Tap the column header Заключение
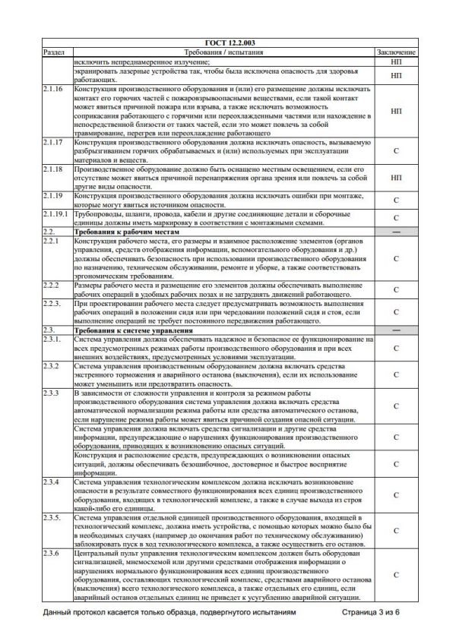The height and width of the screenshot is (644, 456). (396, 52)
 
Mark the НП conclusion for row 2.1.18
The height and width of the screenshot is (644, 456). (396, 178)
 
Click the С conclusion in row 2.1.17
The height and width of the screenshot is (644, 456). (396, 151)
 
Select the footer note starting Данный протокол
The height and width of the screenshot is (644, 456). (164, 611)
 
